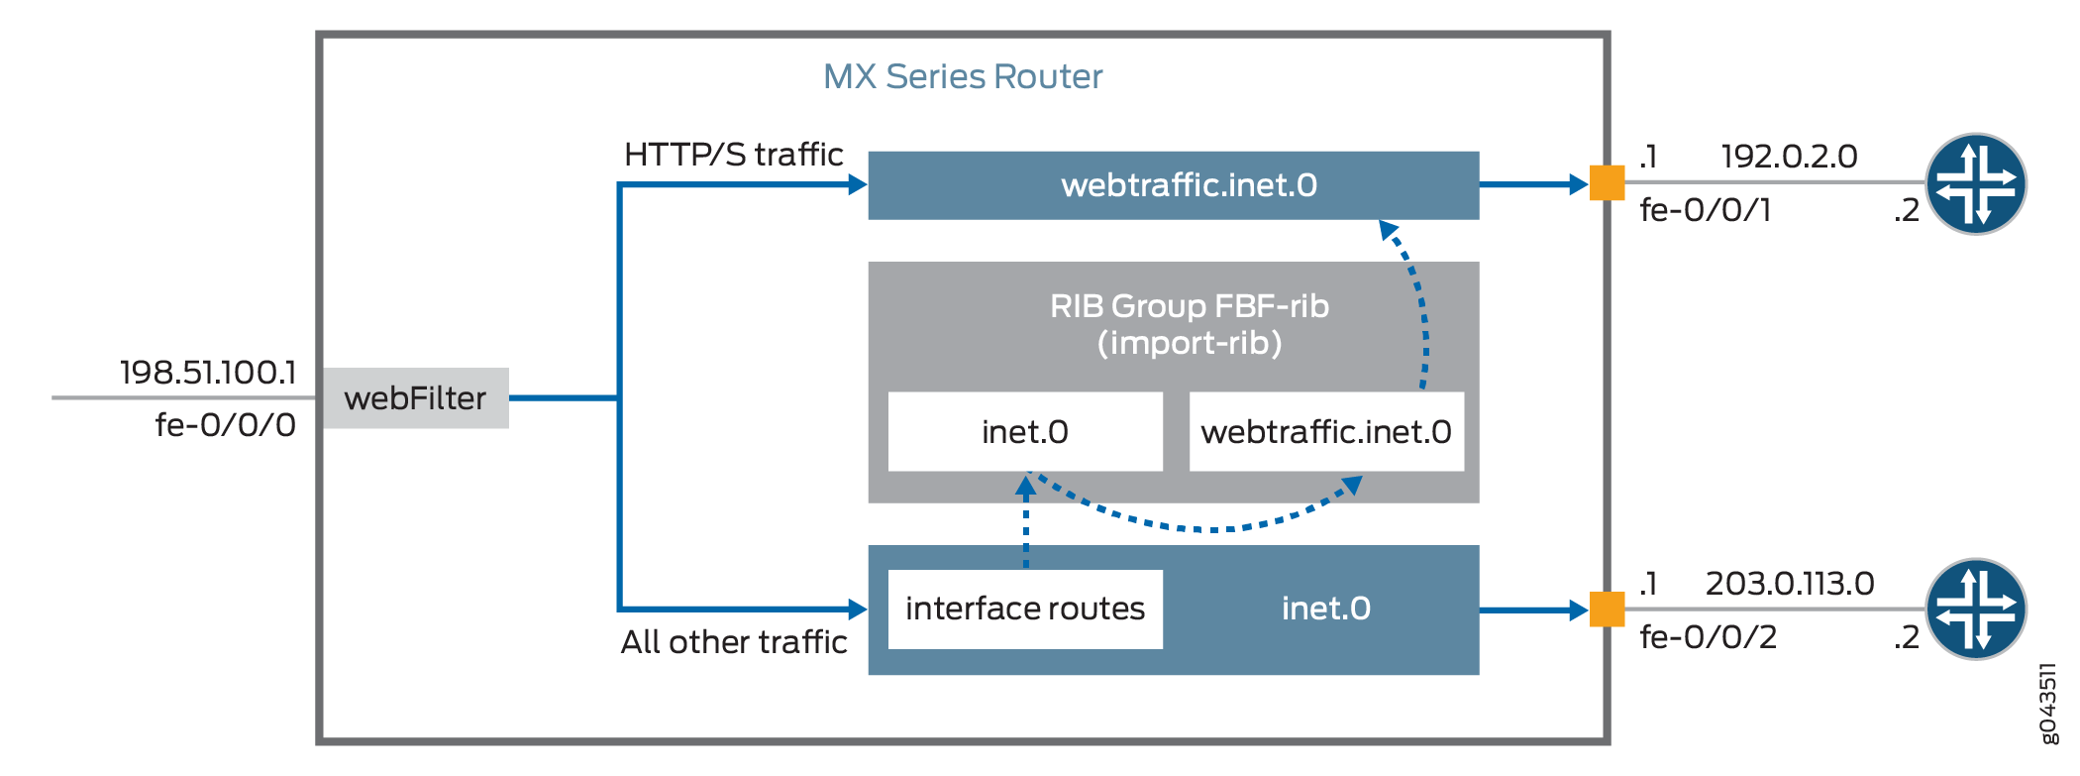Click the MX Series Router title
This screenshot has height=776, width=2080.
(x=963, y=76)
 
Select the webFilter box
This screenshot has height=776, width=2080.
(x=415, y=398)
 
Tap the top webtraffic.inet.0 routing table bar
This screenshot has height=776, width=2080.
(x=1174, y=185)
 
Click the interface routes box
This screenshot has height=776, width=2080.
(x=1025, y=609)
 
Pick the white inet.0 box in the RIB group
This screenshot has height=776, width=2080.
(x=1025, y=432)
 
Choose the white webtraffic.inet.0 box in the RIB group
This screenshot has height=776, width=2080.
(x=1326, y=432)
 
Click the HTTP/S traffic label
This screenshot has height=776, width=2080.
(x=733, y=155)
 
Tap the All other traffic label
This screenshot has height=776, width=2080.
(x=734, y=642)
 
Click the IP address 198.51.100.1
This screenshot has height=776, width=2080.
(x=208, y=373)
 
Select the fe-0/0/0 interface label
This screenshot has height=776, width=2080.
(x=226, y=425)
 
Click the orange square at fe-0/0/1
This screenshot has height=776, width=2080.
(x=1607, y=183)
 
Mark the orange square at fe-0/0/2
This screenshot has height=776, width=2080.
(x=1607, y=610)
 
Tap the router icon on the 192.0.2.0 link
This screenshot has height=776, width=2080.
(x=1976, y=184)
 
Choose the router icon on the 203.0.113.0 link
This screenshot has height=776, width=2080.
(x=1976, y=610)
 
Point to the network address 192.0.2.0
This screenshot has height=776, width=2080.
(x=1789, y=157)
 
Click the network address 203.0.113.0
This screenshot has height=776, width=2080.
(x=1790, y=584)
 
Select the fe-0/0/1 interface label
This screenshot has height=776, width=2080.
(x=1706, y=210)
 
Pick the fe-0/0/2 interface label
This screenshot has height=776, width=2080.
(x=1709, y=636)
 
